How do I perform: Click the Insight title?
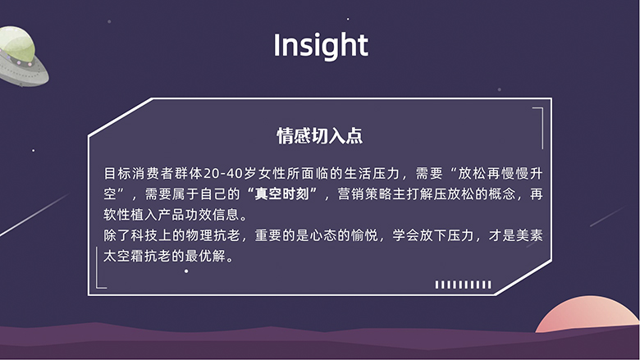[x=321, y=46]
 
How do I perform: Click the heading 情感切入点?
[x=320, y=136]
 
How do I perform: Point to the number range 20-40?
[x=223, y=174]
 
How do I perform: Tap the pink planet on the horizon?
[x=587, y=315]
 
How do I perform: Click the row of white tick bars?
[x=464, y=285]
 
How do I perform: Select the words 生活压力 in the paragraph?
[x=372, y=174]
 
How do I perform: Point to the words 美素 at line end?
[x=529, y=235]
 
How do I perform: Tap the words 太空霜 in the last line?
[x=123, y=257]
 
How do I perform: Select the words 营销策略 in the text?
[x=365, y=194]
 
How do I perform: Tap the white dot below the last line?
[x=186, y=271]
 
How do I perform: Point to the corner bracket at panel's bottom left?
[x=99, y=268]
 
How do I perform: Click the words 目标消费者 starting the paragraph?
[x=138, y=174]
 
